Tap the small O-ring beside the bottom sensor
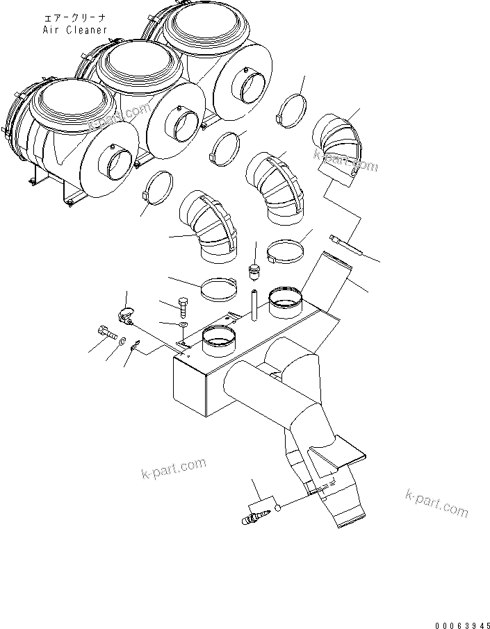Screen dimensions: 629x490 (279, 508)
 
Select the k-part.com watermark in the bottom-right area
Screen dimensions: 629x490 (436, 501)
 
